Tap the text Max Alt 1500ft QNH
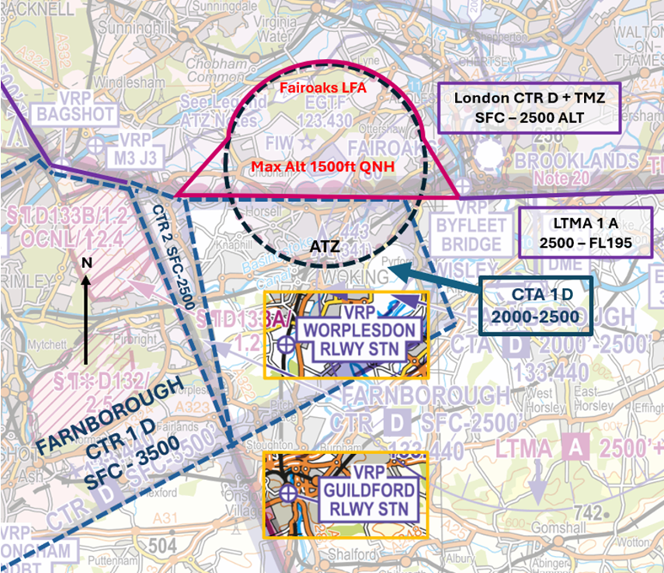click(x=318, y=167)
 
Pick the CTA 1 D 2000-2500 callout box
click(x=532, y=307)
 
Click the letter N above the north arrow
click(x=87, y=262)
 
